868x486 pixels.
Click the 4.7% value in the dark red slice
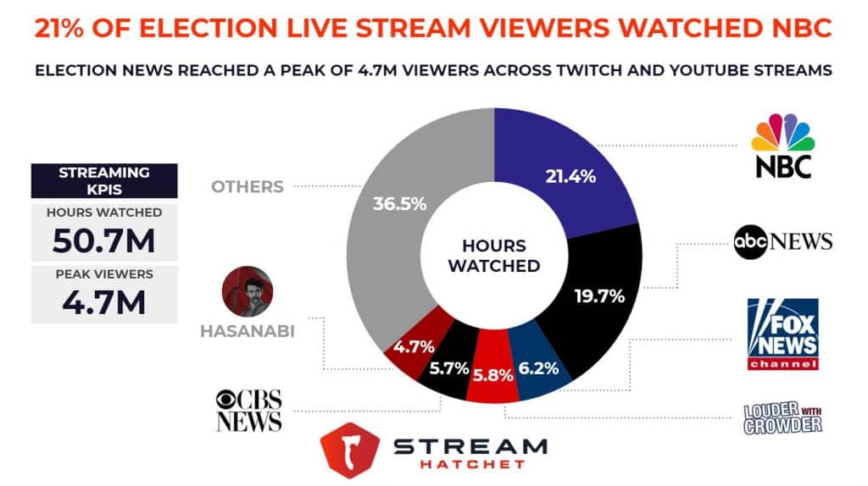coord(413,345)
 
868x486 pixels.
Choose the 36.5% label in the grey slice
coord(398,204)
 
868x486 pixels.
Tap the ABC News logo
coord(782,242)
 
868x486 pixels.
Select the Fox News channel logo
coord(782,334)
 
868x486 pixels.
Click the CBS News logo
coord(248,410)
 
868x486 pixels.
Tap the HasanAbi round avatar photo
coord(247,291)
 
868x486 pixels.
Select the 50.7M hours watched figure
coord(103,241)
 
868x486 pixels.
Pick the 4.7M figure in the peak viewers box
coord(103,303)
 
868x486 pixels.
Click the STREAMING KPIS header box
coord(103,180)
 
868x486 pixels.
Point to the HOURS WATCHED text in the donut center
coord(494,256)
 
